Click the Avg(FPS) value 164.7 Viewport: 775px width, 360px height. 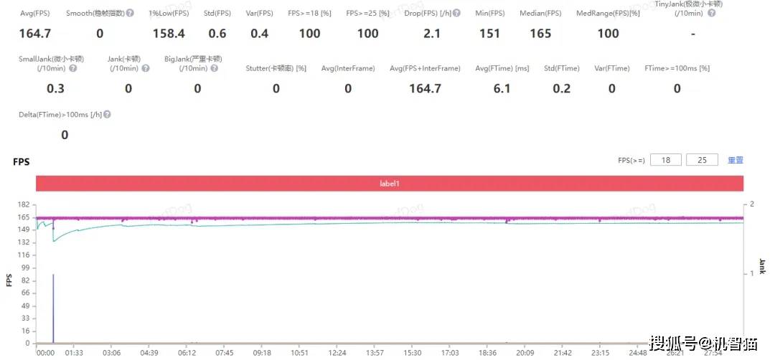[x=34, y=34]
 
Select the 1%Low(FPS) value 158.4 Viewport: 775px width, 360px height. [x=169, y=34]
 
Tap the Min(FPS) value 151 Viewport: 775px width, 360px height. [x=489, y=34]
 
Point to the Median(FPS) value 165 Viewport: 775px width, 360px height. [x=540, y=34]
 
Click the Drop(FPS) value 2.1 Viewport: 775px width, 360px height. [x=432, y=34]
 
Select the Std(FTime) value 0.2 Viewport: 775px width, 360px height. [x=562, y=88]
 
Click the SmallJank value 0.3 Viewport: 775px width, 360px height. [x=55, y=88]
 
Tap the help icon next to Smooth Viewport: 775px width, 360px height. [x=130, y=14]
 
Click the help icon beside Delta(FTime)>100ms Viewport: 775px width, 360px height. [x=107, y=115]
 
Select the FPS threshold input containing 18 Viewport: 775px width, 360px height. [x=666, y=160]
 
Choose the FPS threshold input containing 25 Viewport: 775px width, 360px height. [x=702, y=160]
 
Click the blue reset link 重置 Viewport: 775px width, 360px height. [x=736, y=160]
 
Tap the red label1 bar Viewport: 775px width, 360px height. [x=389, y=184]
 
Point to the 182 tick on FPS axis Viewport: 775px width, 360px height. [x=24, y=204]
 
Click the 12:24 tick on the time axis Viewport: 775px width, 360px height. [x=337, y=353]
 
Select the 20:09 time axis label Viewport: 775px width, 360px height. [x=525, y=353]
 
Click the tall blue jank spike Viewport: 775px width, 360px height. [x=53, y=308]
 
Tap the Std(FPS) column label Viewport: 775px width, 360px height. [x=217, y=14]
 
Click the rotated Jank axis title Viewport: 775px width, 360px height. [x=763, y=266]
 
